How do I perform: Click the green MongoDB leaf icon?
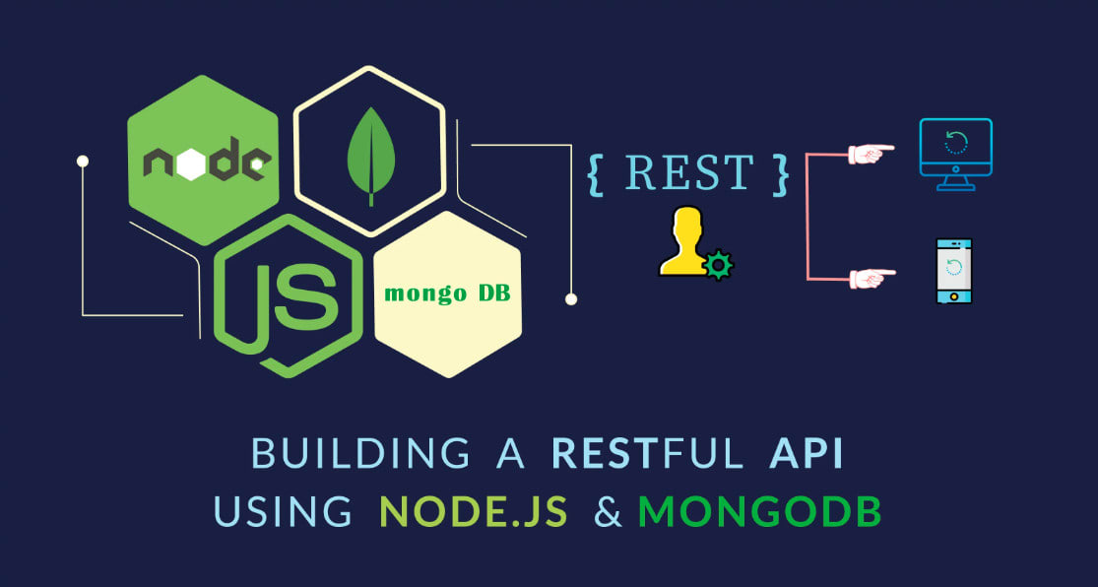(x=371, y=157)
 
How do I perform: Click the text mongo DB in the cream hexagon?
(x=447, y=293)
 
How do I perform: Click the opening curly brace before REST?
(x=595, y=173)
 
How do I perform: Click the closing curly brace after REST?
(x=781, y=173)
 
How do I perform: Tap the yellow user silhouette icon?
(x=683, y=240)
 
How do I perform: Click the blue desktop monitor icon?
(x=956, y=154)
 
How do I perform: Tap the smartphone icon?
(x=954, y=271)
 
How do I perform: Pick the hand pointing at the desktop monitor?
(x=872, y=154)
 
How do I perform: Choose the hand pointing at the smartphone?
(x=872, y=278)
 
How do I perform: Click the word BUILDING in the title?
(x=360, y=453)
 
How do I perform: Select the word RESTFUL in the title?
(x=646, y=453)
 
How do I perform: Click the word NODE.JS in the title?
(x=474, y=512)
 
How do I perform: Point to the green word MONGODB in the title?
(x=760, y=512)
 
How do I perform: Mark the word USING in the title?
(x=283, y=512)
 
